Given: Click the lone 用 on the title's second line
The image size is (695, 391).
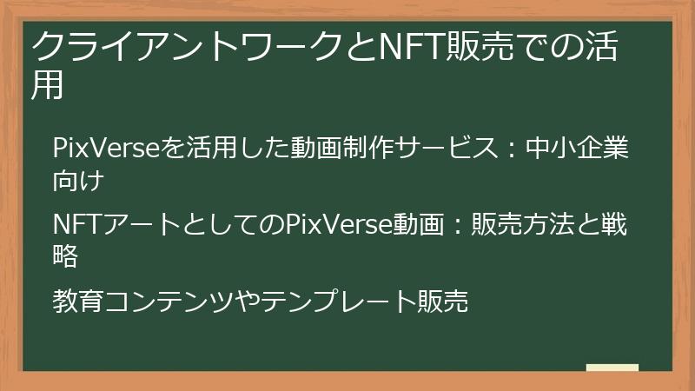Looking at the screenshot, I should coord(49,84).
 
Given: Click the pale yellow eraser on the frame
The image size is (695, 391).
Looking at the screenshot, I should coord(612,368).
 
